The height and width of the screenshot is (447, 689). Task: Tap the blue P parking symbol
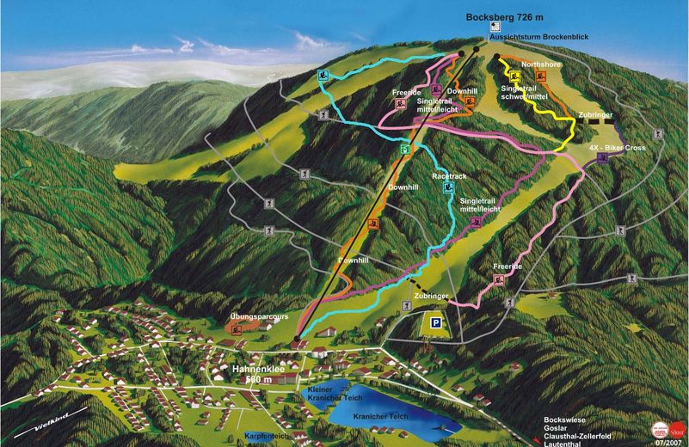click(x=437, y=324)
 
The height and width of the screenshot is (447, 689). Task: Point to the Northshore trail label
click(x=540, y=64)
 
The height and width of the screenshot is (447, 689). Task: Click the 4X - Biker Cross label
click(x=617, y=148)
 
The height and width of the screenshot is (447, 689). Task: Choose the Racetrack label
click(x=449, y=176)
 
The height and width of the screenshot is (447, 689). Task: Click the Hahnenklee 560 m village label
click(x=258, y=374)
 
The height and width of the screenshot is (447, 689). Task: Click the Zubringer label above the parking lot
click(x=431, y=295)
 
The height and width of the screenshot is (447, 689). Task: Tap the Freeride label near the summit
click(x=404, y=93)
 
